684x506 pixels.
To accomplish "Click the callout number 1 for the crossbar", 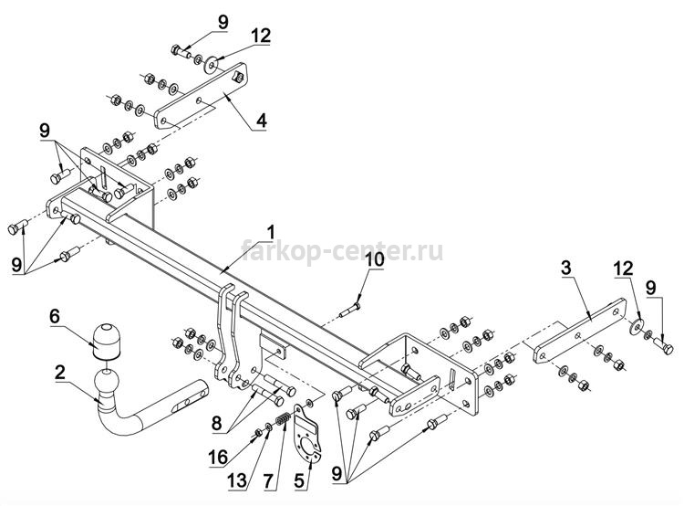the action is tap(271, 233).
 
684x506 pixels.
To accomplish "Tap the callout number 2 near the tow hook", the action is tap(60, 373).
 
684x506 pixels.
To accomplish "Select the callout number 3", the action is tap(565, 268).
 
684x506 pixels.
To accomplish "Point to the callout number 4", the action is tap(261, 121).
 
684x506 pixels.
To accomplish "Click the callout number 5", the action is tap(299, 480).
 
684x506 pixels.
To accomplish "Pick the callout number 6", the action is tap(55, 316).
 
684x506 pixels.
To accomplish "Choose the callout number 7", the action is tap(268, 480).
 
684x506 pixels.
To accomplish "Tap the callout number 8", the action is tap(217, 423).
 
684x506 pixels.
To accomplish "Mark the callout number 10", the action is tap(375, 259).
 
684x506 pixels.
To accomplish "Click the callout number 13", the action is tap(238, 480).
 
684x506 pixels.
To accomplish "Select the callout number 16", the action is tap(218, 457).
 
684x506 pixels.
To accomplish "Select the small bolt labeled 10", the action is tap(349, 311).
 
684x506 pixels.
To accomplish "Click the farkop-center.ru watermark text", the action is tap(342, 251).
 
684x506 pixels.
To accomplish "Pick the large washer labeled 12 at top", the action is tap(212, 65).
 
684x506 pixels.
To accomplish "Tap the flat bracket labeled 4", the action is tap(201, 96).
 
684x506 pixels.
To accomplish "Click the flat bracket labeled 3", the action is tap(578, 332).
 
